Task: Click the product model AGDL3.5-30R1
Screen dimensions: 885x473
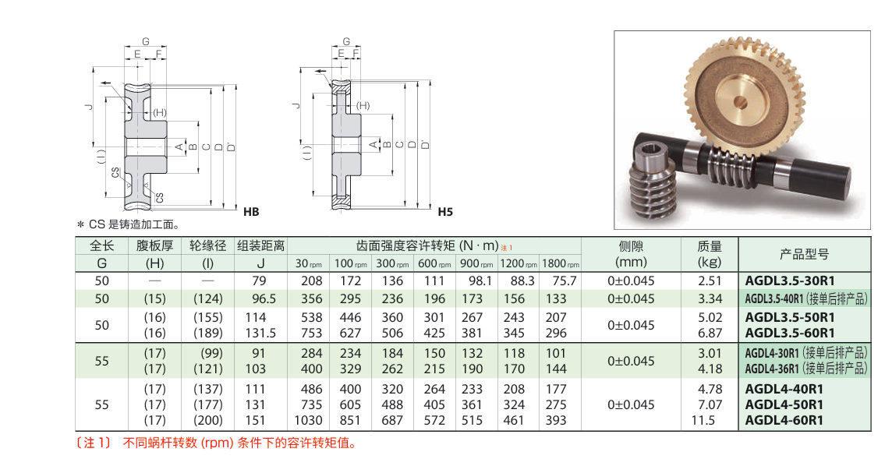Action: [x=790, y=281]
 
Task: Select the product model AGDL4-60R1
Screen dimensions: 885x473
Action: [x=784, y=420]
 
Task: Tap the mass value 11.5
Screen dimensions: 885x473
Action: [x=703, y=420]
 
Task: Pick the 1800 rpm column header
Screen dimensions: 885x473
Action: [x=561, y=263]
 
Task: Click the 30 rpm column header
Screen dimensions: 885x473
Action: [x=308, y=263]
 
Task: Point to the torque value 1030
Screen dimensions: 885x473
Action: [x=308, y=420]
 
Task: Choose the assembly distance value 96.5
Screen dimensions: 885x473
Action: [x=260, y=298]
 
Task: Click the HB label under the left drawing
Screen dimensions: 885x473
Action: [x=251, y=212]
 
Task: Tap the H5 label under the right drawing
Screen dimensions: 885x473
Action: [x=445, y=212]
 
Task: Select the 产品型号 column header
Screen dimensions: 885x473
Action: [x=804, y=254]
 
